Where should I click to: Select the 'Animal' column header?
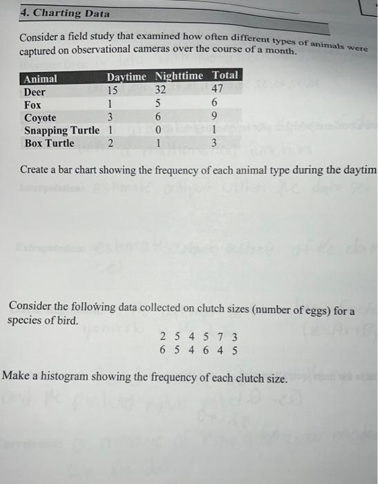41,79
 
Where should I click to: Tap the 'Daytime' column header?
129,77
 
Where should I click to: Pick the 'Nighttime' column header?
180,75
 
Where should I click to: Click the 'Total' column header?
225,75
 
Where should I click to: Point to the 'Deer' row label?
35,92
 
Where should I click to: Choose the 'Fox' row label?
32,105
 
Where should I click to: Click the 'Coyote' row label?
40,118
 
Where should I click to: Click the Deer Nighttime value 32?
161,89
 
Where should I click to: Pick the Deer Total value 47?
217,89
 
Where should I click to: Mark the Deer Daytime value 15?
113,90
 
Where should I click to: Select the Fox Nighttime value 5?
160,103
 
